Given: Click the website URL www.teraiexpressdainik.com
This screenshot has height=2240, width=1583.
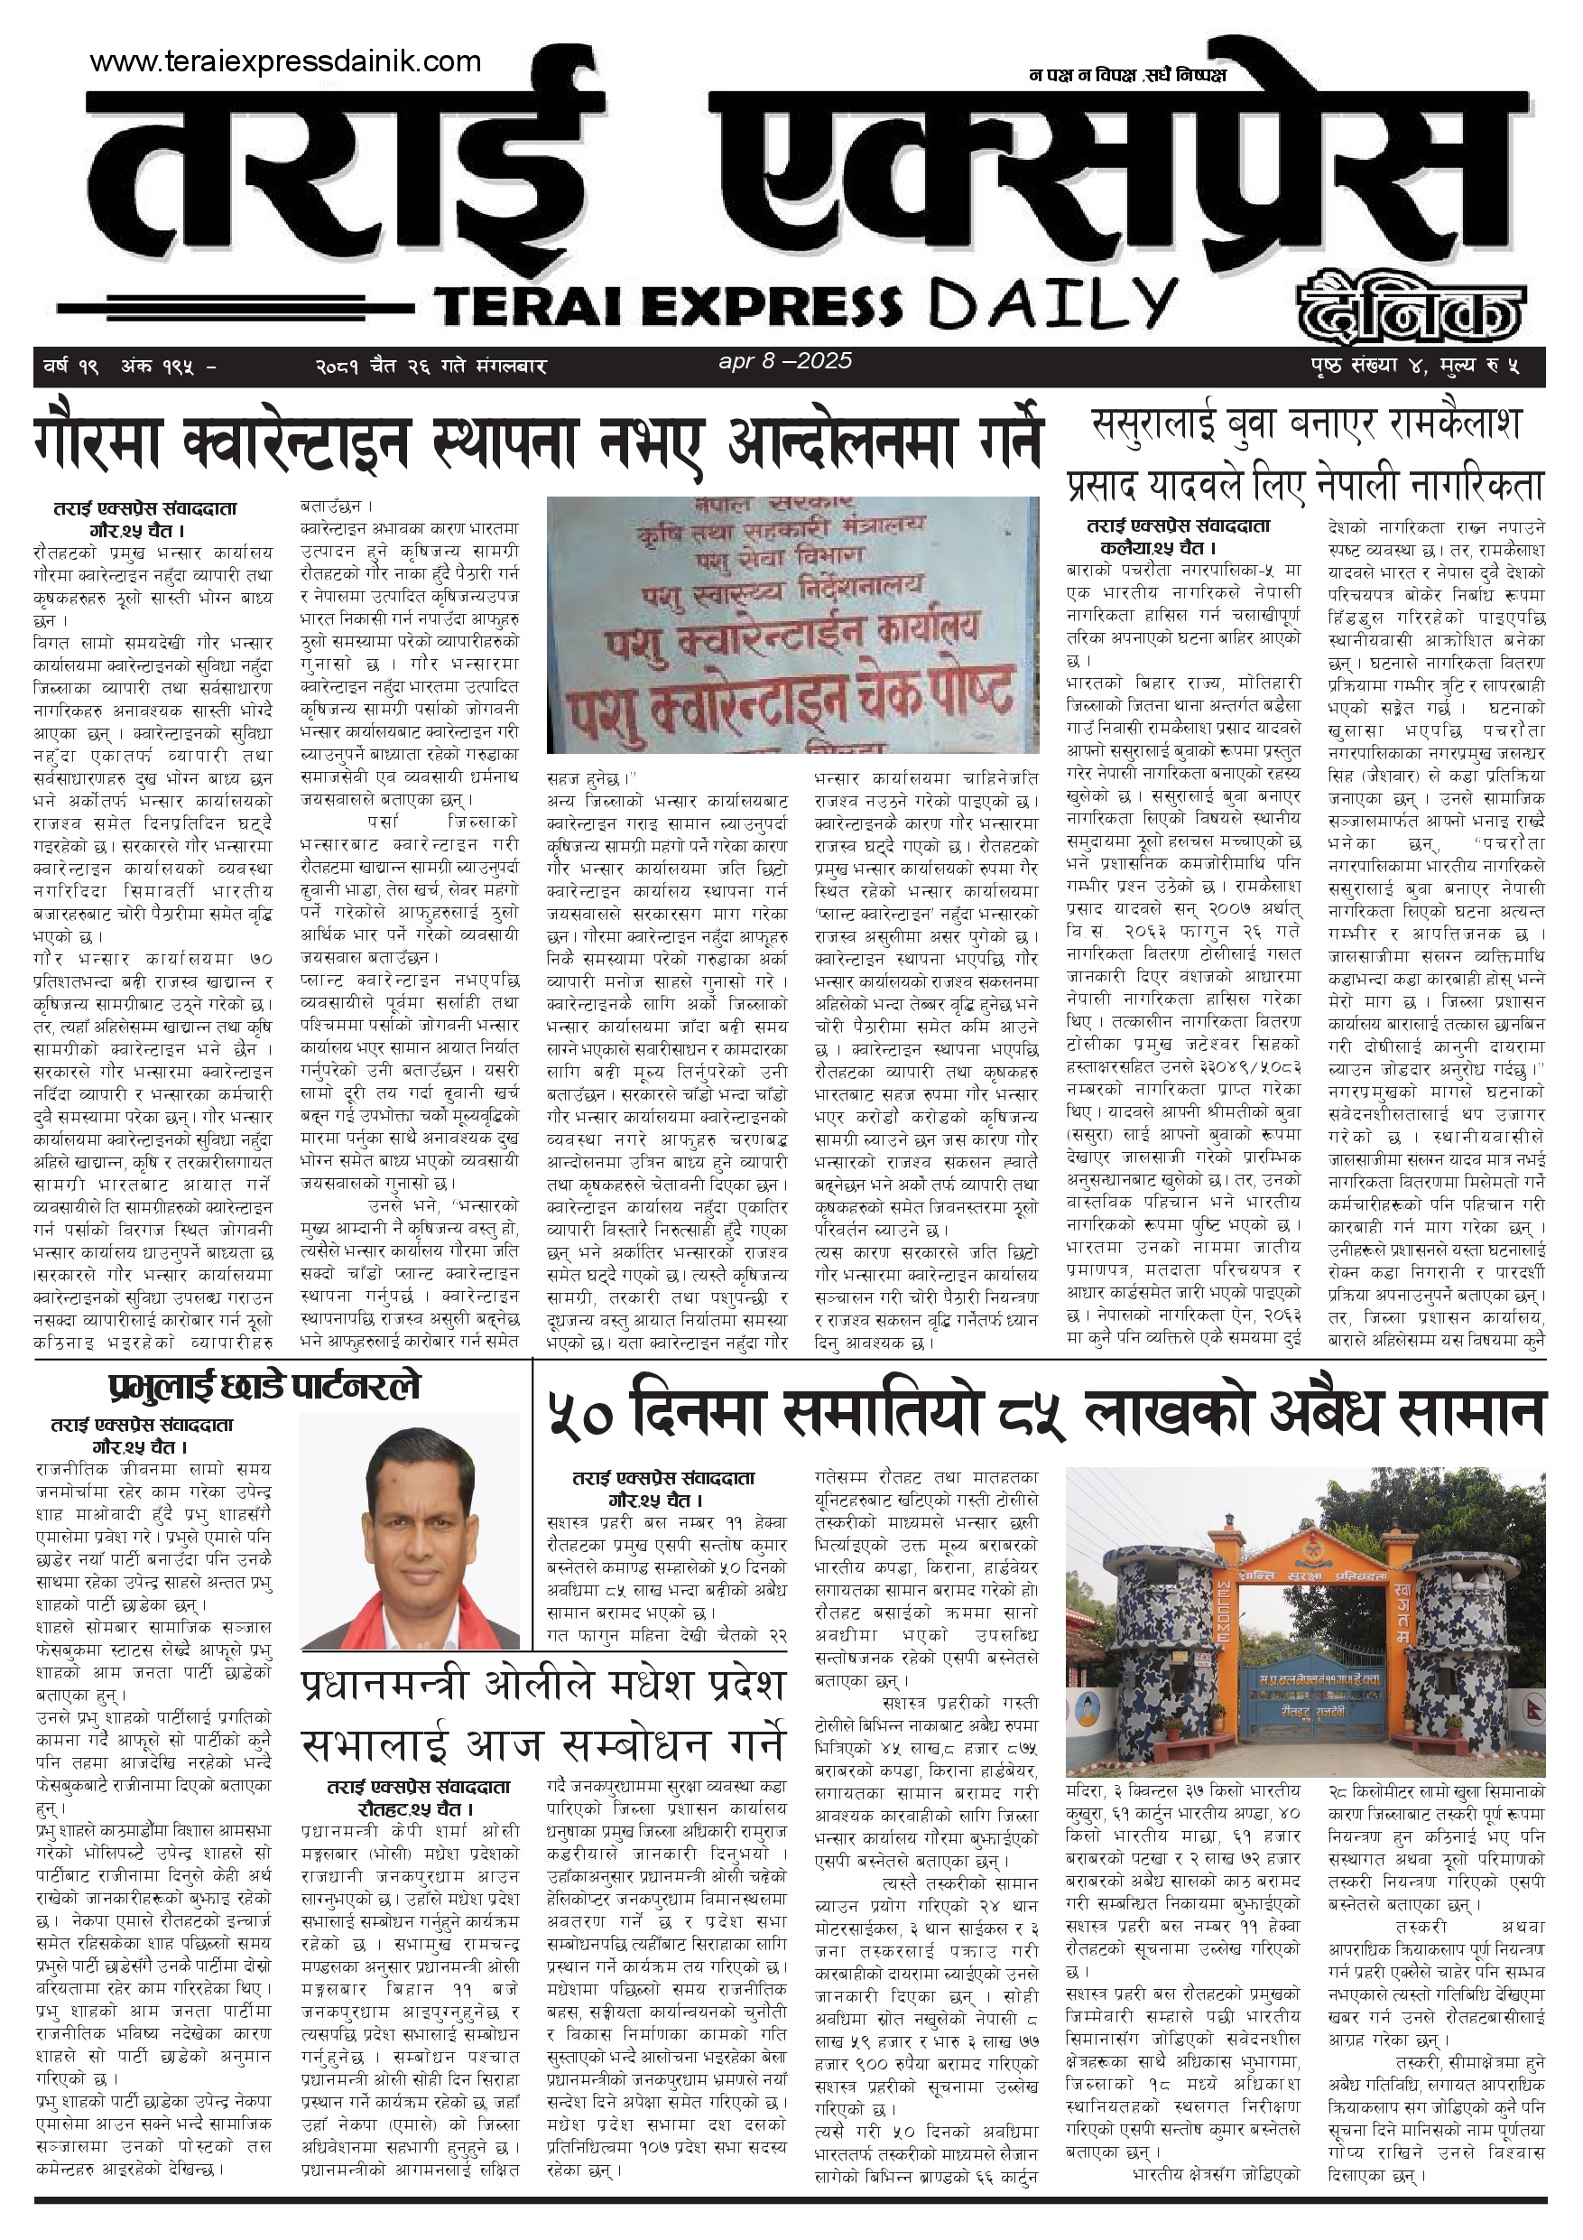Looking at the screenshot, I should [285, 62].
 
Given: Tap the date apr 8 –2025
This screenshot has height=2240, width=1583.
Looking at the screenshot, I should [785, 361].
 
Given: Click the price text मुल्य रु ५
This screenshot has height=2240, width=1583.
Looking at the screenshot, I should [1483, 367].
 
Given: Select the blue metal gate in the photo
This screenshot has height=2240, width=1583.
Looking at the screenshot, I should [1306, 1717].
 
